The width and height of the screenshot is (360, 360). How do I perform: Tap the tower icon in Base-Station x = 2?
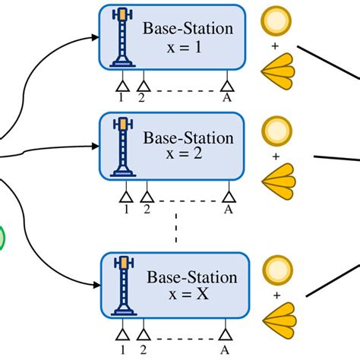(x=122, y=146)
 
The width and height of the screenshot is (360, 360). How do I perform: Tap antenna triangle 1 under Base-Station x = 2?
(x=126, y=196)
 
